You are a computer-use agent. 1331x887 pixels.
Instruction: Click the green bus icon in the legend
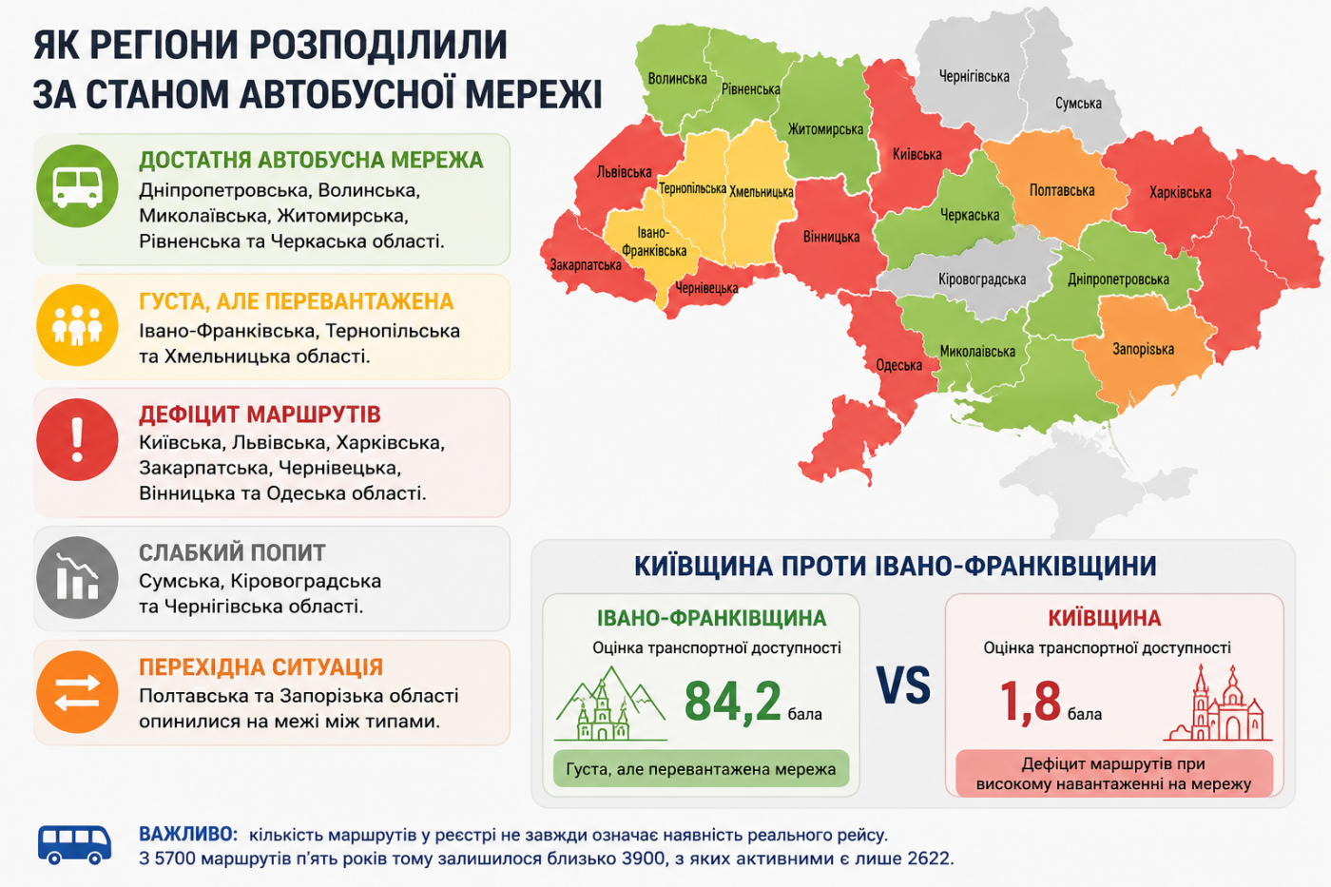[77, 186]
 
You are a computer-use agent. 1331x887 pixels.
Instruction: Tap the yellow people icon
[77, 325]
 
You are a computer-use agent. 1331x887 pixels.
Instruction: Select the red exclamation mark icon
[77, 439]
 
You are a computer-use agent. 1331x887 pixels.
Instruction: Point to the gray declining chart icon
[77, 577]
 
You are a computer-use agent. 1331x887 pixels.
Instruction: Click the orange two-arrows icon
[77, 692]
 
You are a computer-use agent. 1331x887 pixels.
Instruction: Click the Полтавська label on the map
[1062, 191]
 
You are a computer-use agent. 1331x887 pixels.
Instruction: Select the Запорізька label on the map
[1143, 349]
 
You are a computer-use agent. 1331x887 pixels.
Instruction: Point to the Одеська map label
[899, 365]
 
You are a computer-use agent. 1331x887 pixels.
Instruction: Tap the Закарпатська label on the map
[586, 265]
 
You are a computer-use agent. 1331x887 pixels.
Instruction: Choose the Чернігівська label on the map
[974, 77]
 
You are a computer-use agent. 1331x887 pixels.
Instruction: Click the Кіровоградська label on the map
[981, 280]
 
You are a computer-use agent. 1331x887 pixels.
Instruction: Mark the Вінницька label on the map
[831, 237]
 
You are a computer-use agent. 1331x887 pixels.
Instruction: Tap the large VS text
[904, 685]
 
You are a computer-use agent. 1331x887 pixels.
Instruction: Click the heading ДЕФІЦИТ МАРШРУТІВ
[260, 415]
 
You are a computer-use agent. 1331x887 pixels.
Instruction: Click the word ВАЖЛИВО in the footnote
[188, 834]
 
